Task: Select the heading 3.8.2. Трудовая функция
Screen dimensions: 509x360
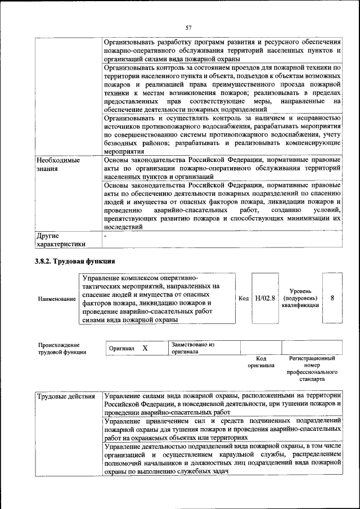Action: [x=75, y=262]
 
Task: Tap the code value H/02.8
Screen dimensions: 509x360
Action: [x=264, y=298]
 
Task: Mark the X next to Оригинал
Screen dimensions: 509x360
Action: [x=145, y=348]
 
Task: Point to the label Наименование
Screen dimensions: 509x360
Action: [x=57, y=299]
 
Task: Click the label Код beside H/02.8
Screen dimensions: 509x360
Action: [x=244, y=298]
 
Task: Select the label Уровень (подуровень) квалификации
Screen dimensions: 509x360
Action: [x=301, y=298]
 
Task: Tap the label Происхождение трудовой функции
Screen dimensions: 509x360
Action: [x=62, y=348]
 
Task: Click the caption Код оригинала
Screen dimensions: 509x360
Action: [x=260, y=362]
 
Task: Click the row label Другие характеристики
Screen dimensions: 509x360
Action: [x=61, y=240]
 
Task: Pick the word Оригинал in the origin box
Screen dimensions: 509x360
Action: [x=121, y=349]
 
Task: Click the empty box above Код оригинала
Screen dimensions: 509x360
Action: [x=260, y=348]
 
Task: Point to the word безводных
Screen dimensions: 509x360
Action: [x=120, y=142]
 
